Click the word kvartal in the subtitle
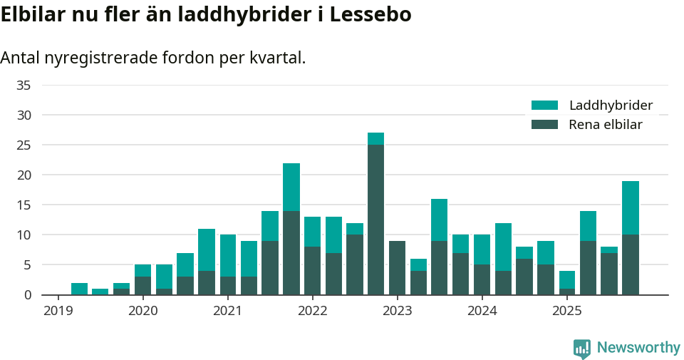click(277, 58)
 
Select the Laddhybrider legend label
click(611, 106)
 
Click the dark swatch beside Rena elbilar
click(545, 125)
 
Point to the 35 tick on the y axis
click(24, 86)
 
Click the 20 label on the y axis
click(24, 175)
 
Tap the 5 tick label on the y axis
click(27, 265)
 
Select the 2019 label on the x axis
click(58, 311)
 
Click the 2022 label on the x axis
click(312, 311)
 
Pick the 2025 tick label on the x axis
click(566, 311)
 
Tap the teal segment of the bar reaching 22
click(291, 187)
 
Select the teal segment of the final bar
click(630, 207)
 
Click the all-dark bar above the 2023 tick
click(397, 268)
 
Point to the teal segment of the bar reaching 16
click(440, 220)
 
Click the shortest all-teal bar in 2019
click(100, 292)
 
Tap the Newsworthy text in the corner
click(638, 348)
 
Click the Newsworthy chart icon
click(581, 349)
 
